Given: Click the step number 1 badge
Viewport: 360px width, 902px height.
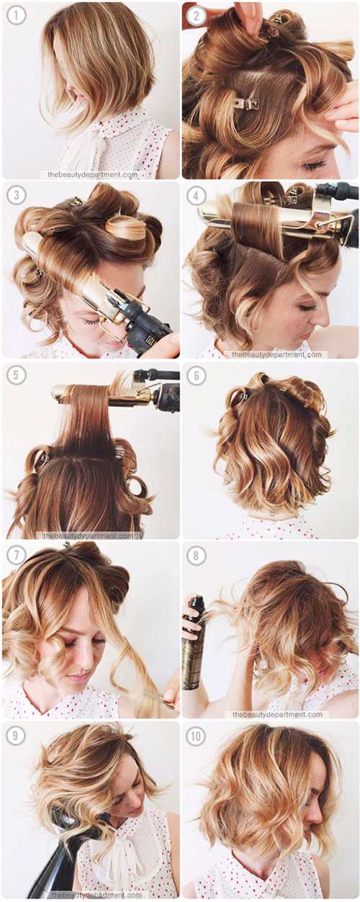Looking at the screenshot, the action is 16,15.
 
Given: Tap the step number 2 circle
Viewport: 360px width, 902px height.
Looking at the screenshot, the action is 197,15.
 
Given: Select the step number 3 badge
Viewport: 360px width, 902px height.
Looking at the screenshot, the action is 16,195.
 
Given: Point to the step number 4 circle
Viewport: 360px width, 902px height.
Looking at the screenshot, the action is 197,195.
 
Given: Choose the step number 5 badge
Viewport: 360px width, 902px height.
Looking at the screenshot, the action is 16,375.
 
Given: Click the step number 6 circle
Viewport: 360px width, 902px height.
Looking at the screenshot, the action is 197,375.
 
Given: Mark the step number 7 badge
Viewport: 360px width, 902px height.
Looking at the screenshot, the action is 16,556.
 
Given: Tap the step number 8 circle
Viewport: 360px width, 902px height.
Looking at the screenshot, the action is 197,556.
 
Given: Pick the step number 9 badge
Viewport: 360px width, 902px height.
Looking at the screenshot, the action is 16,736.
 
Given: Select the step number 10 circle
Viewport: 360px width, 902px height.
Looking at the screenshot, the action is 197,736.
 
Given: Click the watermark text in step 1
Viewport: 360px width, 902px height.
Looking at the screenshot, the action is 93,175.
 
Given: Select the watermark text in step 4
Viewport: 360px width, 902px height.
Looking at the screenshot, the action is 276,354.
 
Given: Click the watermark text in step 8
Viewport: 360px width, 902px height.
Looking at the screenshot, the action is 277,714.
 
